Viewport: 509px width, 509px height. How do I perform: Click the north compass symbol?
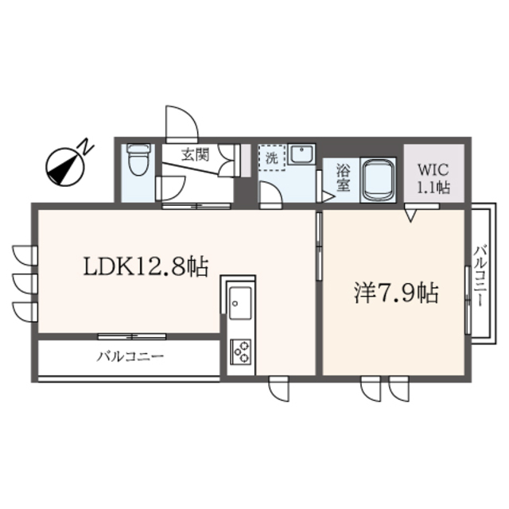click(61, 165)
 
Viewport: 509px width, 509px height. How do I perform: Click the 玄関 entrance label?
click(194, 154)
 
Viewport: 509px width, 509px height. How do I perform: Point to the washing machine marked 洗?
click(271, 157)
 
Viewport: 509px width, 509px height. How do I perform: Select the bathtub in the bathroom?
click(379, 179)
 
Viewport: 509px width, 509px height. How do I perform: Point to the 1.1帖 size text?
click(433, 188)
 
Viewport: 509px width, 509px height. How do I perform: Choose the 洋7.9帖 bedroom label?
click(394, 293)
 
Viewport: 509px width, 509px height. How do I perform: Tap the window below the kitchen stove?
click(279, 390)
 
